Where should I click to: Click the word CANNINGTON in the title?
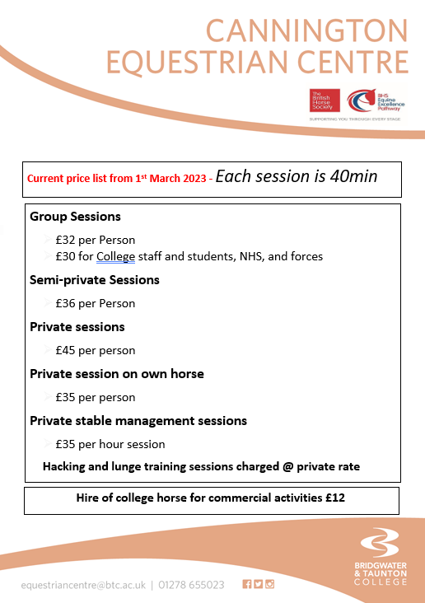[x=306, y=31]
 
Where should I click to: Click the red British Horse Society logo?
[x=322, y=103]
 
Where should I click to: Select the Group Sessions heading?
[x=75, y=217]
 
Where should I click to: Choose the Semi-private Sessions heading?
[x=95, y=279]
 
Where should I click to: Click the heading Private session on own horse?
[x=117, y=373]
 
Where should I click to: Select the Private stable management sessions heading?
[x=138, y=420]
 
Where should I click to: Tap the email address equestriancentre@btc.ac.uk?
[x=83, y=584]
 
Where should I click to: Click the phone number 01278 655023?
[x=192, y=584]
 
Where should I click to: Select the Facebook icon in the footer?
[x=246, y=584]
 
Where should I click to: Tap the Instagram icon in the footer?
[x=269, y=584]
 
